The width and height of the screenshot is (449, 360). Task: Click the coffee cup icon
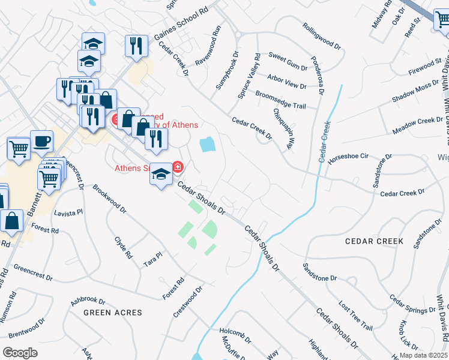pyautogui.click(x=41, y=142)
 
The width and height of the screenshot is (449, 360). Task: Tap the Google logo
pyautogui.click(x=20, y=353)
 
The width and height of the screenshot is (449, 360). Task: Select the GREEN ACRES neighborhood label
pyautogui.click(x=113, y=313)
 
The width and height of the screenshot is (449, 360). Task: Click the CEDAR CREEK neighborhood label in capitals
pyautogui.click(x=374, y=241)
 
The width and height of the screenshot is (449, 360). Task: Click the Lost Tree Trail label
pyautogui.click(x=355, y=315)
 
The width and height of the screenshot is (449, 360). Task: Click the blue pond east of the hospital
pyautogui.click(x=207, y=144)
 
